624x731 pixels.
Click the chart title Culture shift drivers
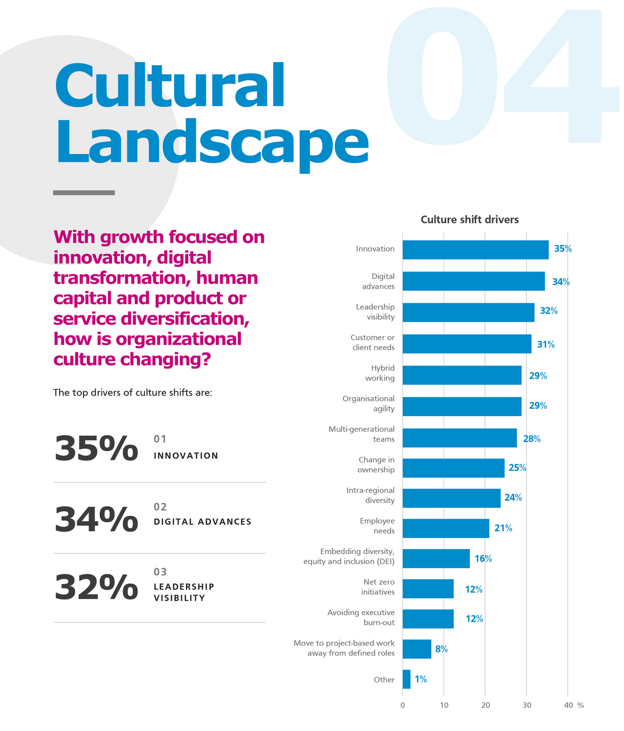[x=469, y=220]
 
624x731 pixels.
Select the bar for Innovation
[x=475, y=250]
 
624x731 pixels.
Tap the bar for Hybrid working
[x=462, y=375]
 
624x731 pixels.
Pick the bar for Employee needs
[x=446, y=528]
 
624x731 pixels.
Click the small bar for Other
[x=407, y=679]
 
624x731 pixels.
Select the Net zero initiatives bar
[x=428, y=589]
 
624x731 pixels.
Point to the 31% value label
[x=546, y=345]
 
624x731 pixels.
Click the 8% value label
[x=441, y=649]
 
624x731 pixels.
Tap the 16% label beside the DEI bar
[x=483, y=558]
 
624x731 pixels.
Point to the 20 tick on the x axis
[x=486, y=705]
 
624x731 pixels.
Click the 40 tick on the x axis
[x=568, y=705]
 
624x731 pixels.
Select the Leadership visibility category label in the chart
[x=375, y=312]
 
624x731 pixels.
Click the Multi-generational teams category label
[x=362, y=434]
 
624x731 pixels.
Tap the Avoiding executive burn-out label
[x=361, y=617]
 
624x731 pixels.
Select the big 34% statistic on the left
[x=96, y=519]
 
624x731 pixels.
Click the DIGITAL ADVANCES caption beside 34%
[x=202, y=522]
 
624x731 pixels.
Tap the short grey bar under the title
[x=84, y=193]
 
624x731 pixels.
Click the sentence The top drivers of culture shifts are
[x=133, y=393]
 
